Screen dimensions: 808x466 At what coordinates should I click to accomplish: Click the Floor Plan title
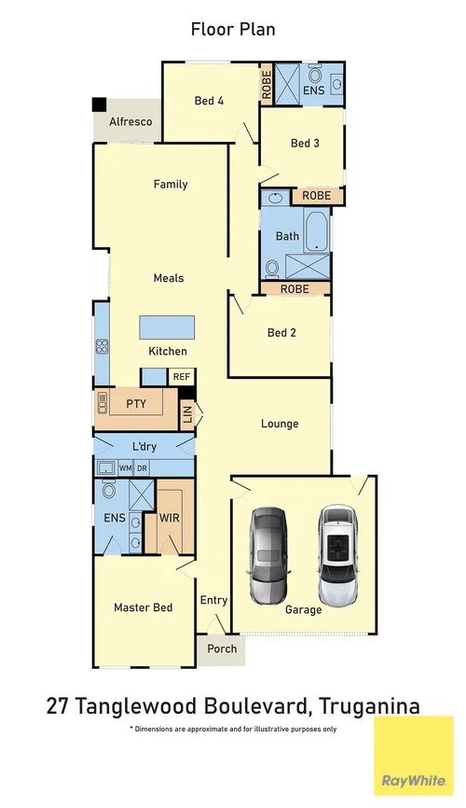[x=232, y=29]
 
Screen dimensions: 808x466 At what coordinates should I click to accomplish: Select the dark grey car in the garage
[x=268, y=556]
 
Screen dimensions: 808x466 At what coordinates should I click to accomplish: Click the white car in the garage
[x=336, y=556]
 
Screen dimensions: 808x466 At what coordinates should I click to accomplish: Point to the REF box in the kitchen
[x=181, y=376]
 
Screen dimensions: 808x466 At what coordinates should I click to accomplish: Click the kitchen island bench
[x=168, y=327]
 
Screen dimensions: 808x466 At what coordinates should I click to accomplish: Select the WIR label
[x=169, y=516]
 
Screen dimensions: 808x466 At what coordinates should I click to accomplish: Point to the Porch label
[x=221, y=648]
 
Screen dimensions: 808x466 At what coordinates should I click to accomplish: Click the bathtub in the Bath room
[x=316, y=231]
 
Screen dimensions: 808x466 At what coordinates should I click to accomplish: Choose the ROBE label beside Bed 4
[x=266, y=87]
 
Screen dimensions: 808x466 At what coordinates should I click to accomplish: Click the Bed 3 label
[x=305, y=143]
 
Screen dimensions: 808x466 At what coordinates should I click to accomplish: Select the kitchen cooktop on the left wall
[x=102, y=346]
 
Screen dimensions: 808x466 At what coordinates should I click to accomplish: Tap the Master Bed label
[x=143, y=607]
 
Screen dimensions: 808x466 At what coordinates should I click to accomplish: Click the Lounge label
[x=280, y=424]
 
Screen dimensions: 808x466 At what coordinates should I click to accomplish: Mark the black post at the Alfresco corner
[x=99, y=105]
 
